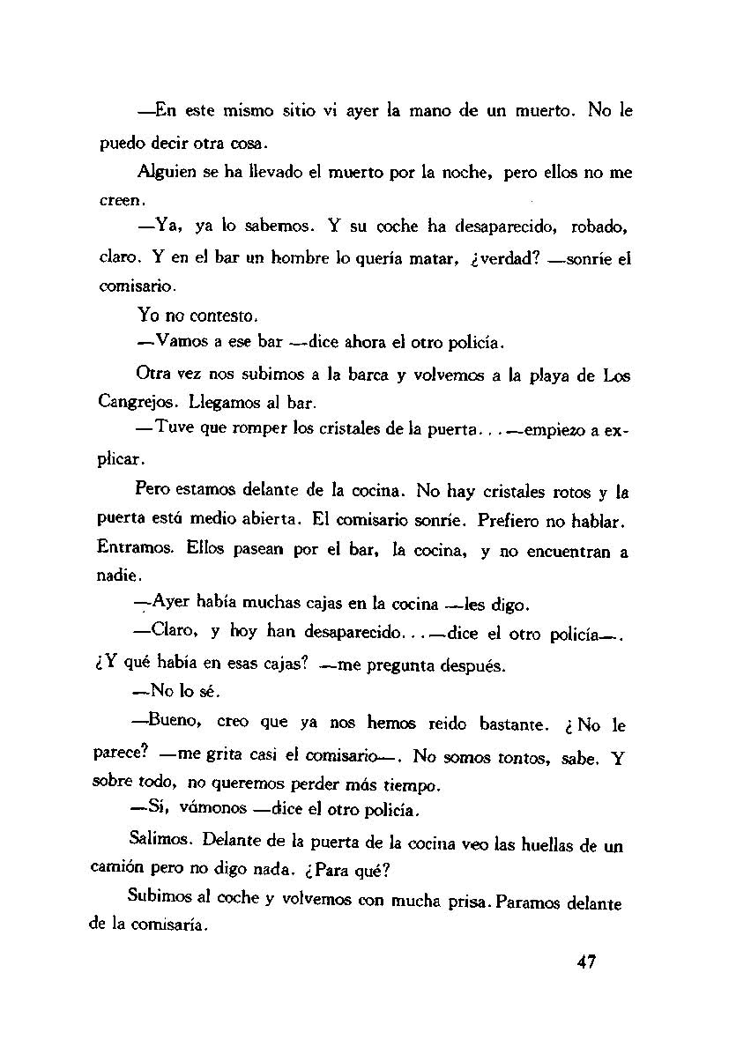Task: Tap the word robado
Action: click(600, 227)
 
